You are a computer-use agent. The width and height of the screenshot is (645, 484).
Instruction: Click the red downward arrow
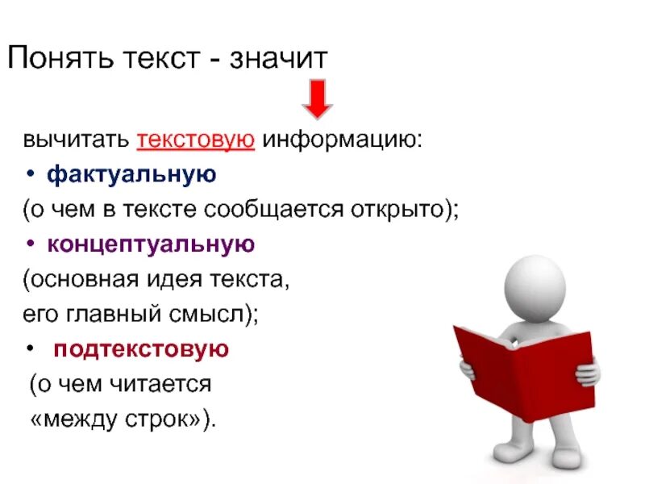(318, 98)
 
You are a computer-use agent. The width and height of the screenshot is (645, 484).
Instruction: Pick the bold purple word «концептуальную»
(151, 244)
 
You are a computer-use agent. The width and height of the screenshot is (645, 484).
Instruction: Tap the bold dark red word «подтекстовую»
(141, 349)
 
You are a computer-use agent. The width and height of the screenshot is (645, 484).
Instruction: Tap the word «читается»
(168, 385)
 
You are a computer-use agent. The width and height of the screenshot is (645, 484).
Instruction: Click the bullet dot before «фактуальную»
(30, 174)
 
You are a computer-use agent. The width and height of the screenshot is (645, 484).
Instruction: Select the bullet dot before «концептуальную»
(30, 244)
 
